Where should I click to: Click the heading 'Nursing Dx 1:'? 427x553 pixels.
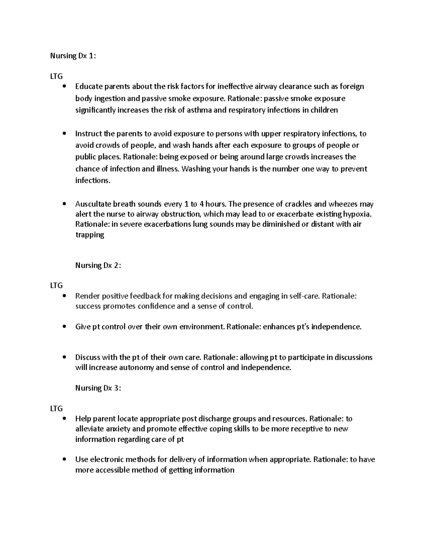[73, 56]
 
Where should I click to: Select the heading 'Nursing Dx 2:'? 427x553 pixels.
[98, 265]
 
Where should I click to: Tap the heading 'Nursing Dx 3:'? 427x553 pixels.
[98, 388]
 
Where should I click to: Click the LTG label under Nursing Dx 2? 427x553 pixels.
[56, 286]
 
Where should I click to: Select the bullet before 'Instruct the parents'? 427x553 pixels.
[64, 134]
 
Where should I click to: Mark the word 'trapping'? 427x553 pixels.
[90, 235]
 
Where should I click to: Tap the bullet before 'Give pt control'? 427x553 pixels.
[64, 327]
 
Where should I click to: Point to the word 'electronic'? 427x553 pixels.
[107, 459]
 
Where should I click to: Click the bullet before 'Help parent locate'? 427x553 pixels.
[64, 419]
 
